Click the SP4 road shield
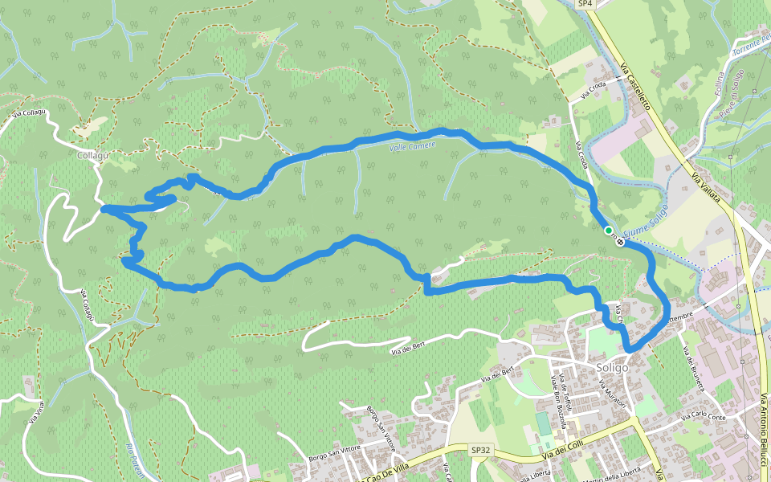pos(585,4)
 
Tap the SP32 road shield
pos(480,451)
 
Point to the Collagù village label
pos(93,154)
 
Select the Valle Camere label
pos(412,145)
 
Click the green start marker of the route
pos(609,231)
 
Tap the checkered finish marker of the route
pos(621,239)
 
